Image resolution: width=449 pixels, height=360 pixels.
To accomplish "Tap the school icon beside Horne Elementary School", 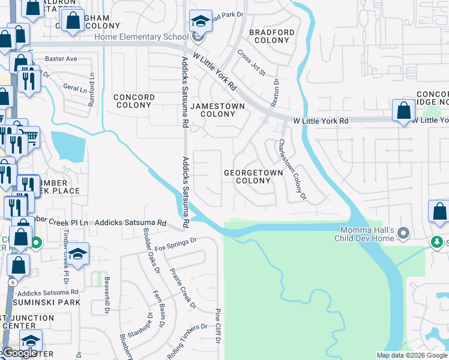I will coord(199,22).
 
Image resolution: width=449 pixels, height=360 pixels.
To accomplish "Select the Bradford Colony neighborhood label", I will coord(272,36).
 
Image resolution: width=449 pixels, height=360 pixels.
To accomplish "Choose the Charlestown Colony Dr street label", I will coord(292,170).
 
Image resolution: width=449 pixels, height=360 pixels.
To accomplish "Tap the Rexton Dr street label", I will coord(276,93).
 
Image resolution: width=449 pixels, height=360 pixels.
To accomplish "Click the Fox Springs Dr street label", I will coord(175,244).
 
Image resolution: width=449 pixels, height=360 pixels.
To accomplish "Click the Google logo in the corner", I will coord(19,353).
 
